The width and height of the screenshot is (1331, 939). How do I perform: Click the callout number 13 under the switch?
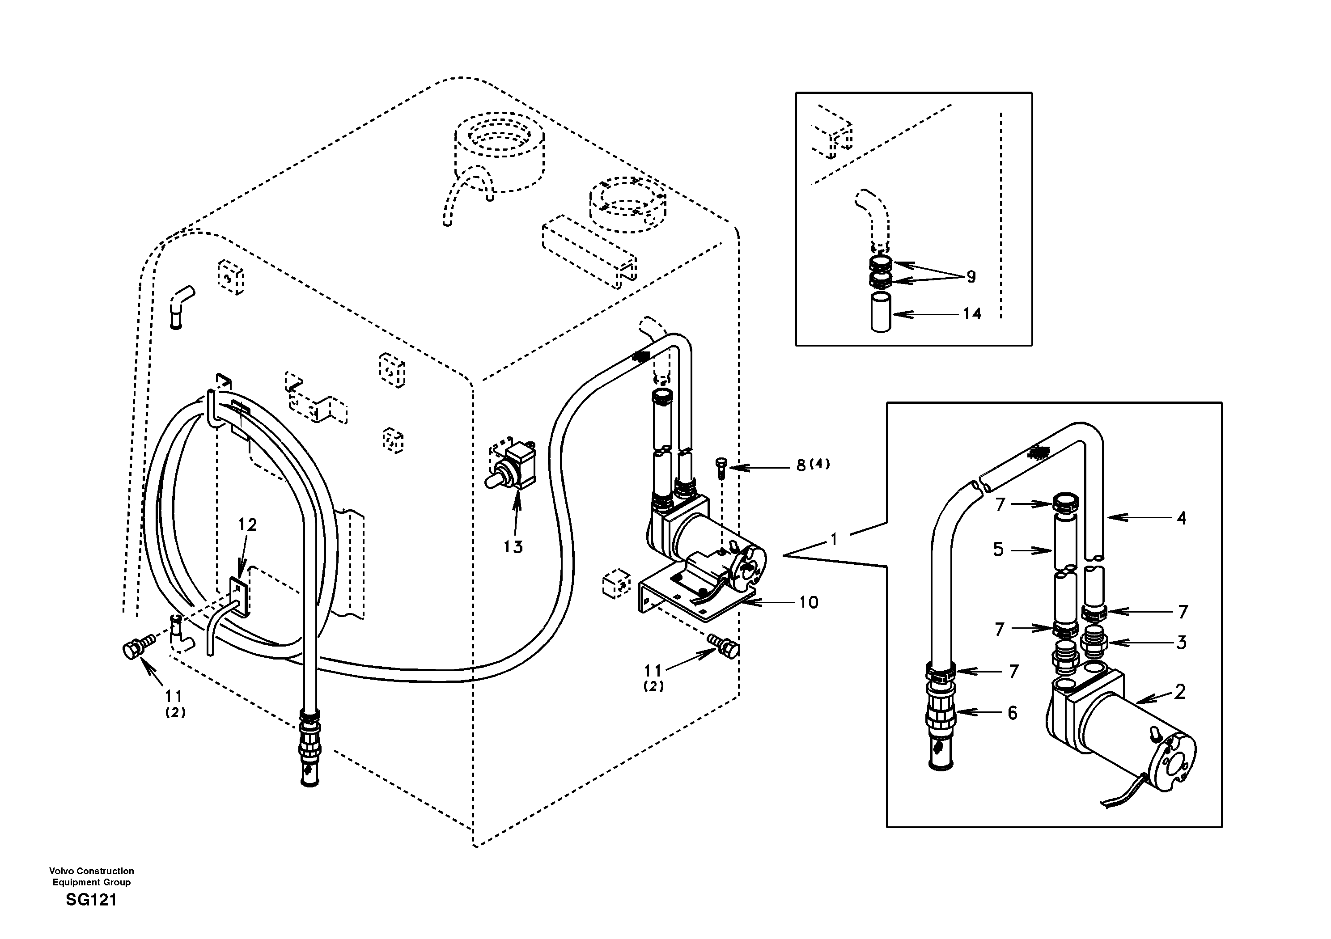pos(513,546)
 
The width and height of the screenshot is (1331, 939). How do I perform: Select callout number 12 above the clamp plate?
pos(247,524)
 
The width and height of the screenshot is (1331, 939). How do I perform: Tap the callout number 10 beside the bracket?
pos(808,603)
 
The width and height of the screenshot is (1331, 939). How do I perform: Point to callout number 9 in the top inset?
pos(971,277)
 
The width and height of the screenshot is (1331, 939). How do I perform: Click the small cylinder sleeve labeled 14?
pos(880,313)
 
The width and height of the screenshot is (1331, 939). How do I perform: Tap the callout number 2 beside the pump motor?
pos(1180,691)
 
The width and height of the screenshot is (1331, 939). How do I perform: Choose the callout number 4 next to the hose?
pos(1181,518)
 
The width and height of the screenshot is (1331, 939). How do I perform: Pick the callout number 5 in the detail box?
pos(998,549)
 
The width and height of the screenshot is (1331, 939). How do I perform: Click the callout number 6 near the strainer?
pos(1012,713)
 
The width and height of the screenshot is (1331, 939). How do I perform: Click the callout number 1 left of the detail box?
pos(834,540)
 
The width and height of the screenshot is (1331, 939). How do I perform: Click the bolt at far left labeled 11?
pos(137,649)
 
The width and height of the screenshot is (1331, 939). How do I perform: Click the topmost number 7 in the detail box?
pos(1000,504)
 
